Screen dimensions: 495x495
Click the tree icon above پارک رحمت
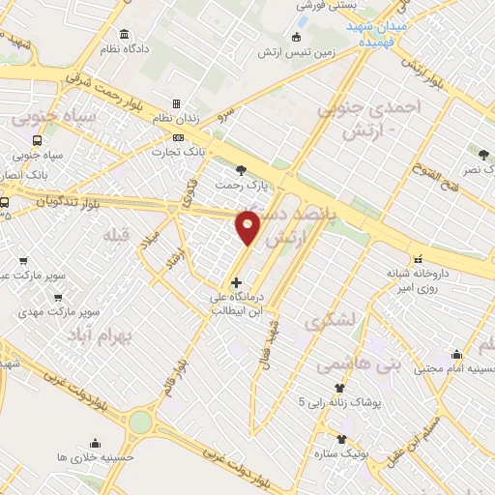pyautogui.click(x=254, y=169)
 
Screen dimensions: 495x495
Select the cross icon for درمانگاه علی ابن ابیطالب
pyautogui.click(x=236, y=282)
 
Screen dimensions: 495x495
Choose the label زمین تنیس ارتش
pyautogui.click(x=296, y=52)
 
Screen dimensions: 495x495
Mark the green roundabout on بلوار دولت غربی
pyautogui.click(x=141, y=422)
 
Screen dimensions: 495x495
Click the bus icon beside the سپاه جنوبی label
pyautogui.click(x=37, y=140)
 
